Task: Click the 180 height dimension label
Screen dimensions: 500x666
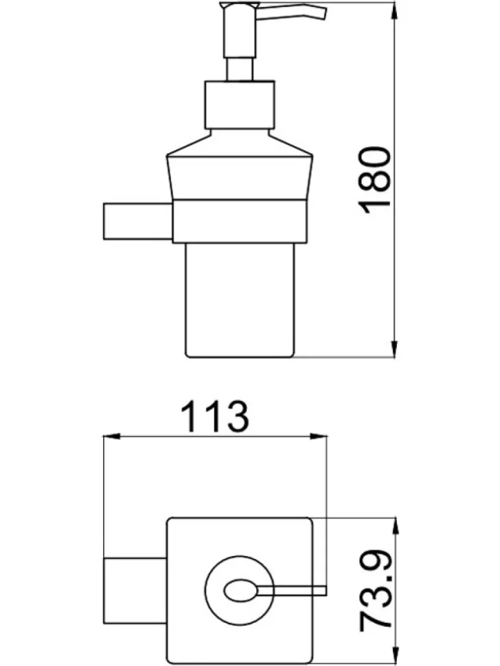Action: pos(374,180)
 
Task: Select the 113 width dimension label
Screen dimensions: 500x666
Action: pos(214,417)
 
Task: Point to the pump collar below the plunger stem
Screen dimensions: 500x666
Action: pos(240,104)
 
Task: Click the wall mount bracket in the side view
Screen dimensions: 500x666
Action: pos(137,221)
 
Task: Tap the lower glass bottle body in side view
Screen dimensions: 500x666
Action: pos(240,299)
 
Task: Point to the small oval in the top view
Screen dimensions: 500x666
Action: pos(240,590)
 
